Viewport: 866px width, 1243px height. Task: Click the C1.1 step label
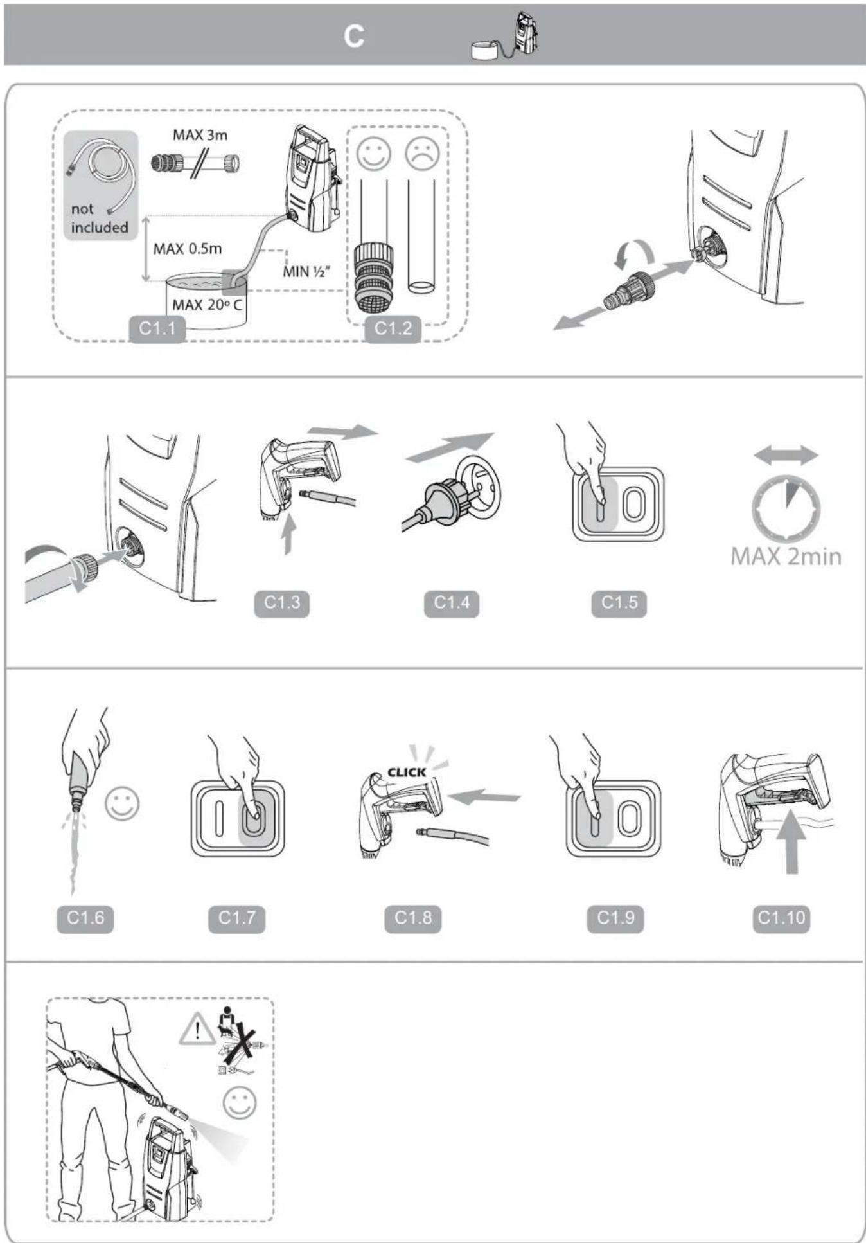pyautogui.click(x=157, y=328)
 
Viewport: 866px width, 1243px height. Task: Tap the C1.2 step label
pyautogui.click(x=393, y=328)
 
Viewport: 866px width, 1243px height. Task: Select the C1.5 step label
pyautogui.click(x=619, y=603)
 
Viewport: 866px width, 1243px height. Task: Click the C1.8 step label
pyautogui.click(x=412, y=918)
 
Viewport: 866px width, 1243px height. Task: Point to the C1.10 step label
pyautogui.click(x=781, y=918)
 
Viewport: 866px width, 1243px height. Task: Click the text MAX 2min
pyautogui.click(x=786, y=557)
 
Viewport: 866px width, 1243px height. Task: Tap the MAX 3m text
pyautogui.click(x=200, y=135)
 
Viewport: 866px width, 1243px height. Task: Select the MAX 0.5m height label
pyautogui.click(x=187, y=249)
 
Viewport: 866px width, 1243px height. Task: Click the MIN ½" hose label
pyautogui.click(x=306, y=271)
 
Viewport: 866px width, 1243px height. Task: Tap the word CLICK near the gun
pyautogui.click(x=406, y=773)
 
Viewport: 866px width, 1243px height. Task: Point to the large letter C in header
pyautogui.click(x=353, y=37)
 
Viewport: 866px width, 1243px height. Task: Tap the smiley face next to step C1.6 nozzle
pyautogui.click(x=122, y=804)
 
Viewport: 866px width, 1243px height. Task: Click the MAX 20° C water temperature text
pyautogui.click(x=207, y=305)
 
